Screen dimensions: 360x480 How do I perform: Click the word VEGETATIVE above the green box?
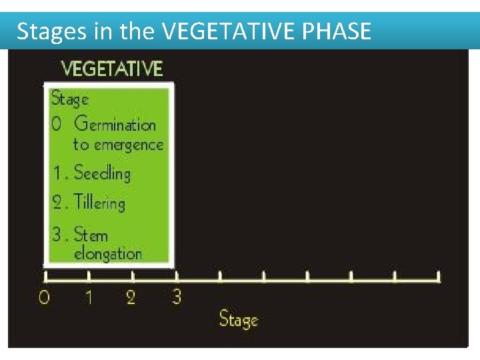point(112,68)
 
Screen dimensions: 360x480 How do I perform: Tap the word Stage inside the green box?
point(70,99)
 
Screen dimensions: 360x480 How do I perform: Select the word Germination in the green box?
point(115,124)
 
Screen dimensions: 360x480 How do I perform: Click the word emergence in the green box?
point(129,145)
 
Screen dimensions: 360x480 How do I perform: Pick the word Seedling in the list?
point(102,173)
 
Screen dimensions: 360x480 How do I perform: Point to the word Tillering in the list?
point(99,203)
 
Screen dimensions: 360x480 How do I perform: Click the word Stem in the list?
point(91,234)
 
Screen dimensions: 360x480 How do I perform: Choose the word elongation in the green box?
point(108,253)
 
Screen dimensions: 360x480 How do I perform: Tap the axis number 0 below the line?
point(44,297)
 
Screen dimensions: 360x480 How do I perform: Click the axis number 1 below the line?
point(88,297)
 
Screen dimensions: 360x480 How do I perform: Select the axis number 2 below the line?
point(131,297)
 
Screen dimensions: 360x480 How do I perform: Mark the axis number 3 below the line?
point(176,296)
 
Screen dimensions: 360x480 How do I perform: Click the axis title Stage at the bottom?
point(239,319)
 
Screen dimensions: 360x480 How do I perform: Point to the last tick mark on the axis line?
point(439,275)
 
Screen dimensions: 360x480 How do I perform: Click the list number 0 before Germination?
point(57,125)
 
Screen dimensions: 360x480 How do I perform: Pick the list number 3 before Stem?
point(59,234)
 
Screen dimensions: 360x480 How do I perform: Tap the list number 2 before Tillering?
point(59,203)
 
